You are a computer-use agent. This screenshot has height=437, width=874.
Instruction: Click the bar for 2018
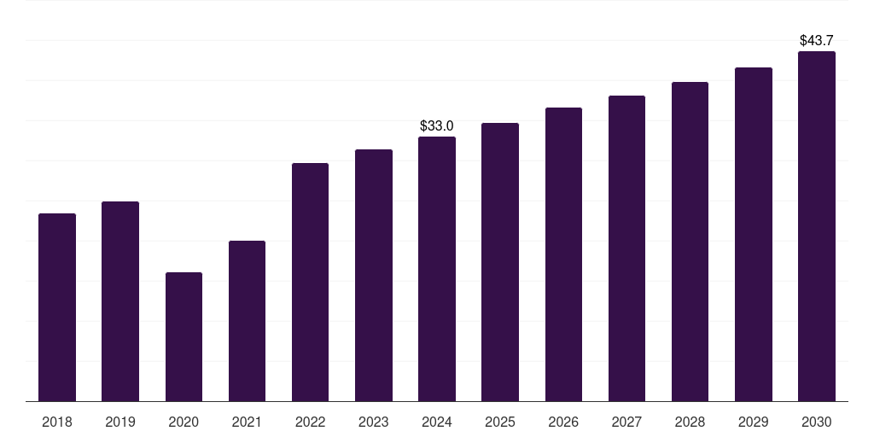point(57,307)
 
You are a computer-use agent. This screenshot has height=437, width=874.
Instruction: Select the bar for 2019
point(120,301)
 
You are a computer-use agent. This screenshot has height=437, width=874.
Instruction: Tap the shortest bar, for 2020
point(184,336)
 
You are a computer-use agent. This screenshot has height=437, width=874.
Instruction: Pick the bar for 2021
point(247,321)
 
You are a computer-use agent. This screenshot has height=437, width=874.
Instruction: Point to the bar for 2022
point(310,282)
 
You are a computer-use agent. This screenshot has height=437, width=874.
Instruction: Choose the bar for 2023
point(374,276)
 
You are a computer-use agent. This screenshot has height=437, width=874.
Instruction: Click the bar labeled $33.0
point(437,269)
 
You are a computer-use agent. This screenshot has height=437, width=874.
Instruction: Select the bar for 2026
point(563,254)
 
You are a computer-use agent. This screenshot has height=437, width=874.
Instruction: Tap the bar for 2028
point(690,242)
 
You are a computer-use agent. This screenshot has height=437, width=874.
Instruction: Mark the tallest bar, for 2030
point(817,226)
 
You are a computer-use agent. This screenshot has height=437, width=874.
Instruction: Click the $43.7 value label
point(817,40)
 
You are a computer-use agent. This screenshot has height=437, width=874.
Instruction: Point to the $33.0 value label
point(437,125)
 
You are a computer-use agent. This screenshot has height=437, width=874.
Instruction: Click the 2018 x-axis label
point(57,422)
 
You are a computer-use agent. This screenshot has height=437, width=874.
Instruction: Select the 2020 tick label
point(184,422)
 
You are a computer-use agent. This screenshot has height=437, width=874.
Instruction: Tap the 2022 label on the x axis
point(310,422)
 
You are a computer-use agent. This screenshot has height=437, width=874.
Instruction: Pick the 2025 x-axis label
point(500,422)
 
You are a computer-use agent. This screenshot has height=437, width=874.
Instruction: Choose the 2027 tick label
point(626,422)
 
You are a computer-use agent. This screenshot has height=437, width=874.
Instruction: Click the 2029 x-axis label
point(754,422)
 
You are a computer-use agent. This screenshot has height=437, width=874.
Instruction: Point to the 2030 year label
point(817,422)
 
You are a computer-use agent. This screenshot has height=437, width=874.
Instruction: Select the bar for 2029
point(754,234)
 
